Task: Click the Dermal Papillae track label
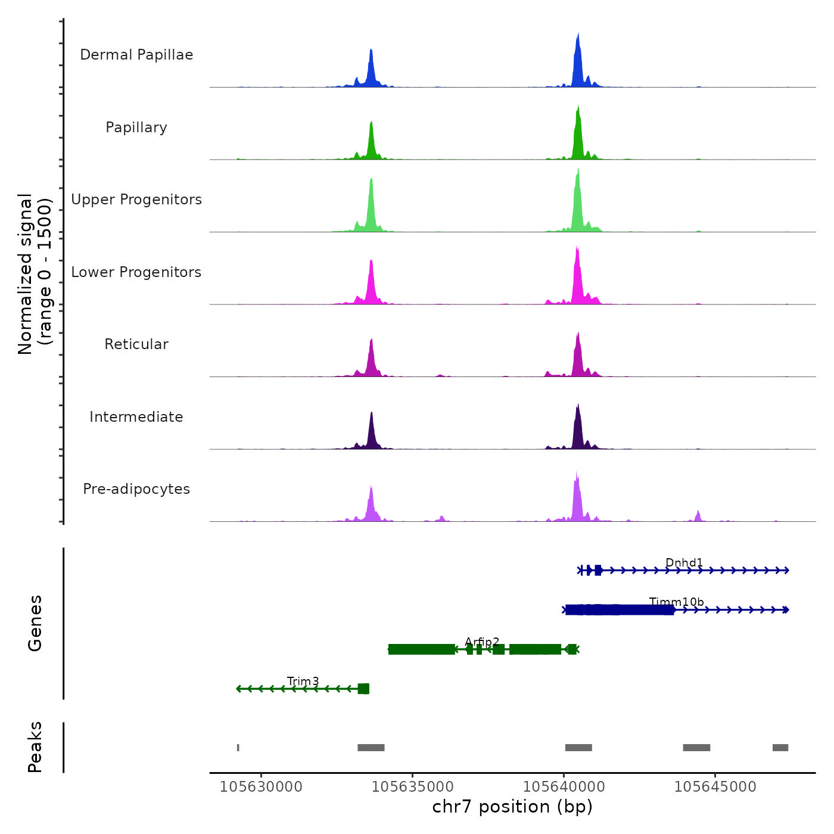click(x=136, y=55)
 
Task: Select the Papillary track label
click(x=136, y=127)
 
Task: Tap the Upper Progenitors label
click(x=136, y=200)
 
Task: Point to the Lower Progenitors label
click(x=136, y=272)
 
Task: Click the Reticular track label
click(x=136, y=344)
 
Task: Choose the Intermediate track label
click(x=136, y=417)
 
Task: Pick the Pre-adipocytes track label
click(x=136, y=489)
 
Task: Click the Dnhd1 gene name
click(x=684, y=563)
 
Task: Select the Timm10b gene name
click(x=676, y=602)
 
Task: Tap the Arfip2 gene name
click(x=482, y=642)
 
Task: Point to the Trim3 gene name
click(x=303, y=681)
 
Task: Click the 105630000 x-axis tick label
click(x=261, y=787)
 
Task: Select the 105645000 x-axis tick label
click(x=715, y=787)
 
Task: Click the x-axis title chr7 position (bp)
click(x=512, y=807)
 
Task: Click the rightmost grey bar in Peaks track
click(x=780, y=748)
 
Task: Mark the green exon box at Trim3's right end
click(x=363, y=689)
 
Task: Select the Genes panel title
click(x=35, y=623)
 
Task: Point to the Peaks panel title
click(x=35, y=747)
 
